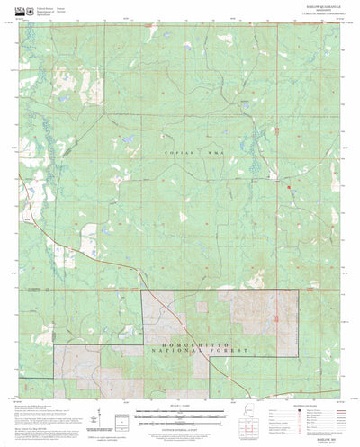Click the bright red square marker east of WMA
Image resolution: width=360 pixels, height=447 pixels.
(x=288, y=162)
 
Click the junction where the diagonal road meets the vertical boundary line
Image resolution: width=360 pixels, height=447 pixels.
(x=141, y=291)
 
